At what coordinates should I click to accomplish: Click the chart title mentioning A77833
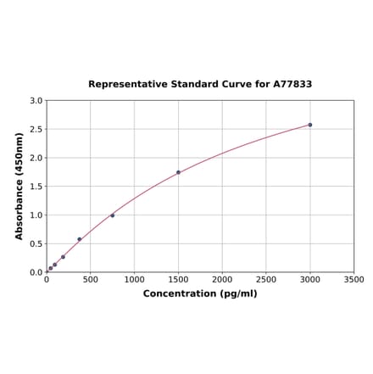pos(200,85)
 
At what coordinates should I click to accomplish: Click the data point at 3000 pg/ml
pos(310,125)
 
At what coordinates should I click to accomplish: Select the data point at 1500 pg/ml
pos(178,172)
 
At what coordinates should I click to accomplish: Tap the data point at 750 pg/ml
pos(113,215)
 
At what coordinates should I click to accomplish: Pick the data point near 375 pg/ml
pos(80,239)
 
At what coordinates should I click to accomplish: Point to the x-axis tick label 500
pos(91,280)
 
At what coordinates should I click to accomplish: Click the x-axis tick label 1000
pos(135,280)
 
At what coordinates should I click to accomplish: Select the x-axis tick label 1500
pos(178,280)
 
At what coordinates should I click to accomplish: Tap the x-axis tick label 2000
pos(222,280)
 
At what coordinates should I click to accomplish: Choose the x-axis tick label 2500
pos(266,280)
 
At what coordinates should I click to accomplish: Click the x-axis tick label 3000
pos(310,280)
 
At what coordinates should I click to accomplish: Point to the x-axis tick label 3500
pos(354,280)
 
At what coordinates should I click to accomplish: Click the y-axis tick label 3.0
pos(36,101)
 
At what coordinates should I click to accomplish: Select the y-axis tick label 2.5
pos(36,130)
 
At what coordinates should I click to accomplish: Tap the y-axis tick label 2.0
pos(36,158)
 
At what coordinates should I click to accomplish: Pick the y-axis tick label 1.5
pos(36,187)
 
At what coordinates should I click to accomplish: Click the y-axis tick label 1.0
pos(36,215)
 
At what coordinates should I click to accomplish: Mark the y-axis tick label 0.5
pos(36,244)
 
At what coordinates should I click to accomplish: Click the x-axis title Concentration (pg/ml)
pos(200,293)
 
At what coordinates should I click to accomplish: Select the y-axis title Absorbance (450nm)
pos(19,186)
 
